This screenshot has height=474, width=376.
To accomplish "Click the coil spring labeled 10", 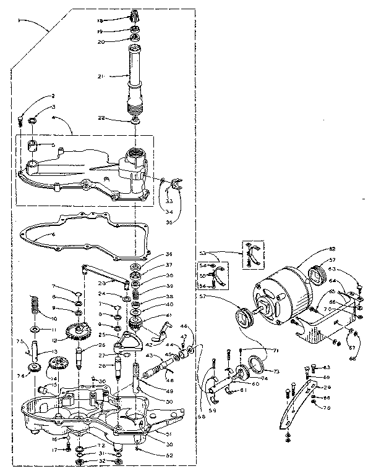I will click(x=32, y=306).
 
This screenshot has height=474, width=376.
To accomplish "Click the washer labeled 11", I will click(x=33, y=330).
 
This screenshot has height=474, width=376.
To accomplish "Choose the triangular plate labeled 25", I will click(x=132, y=338).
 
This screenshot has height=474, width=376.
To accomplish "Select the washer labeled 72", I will click(x=81, y=446).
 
